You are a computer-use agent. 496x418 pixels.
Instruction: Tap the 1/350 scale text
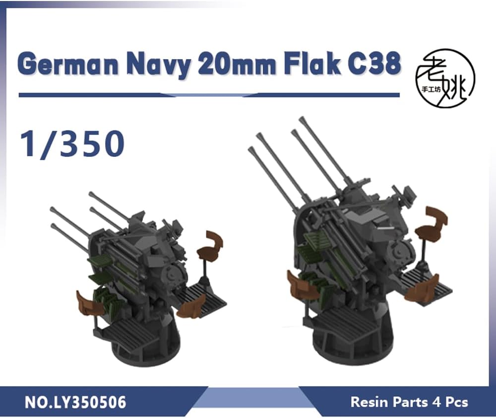(x=72, y=143)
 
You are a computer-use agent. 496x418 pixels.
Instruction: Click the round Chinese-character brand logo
(x=445, y=78)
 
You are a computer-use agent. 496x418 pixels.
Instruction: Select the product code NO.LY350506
(x=75, y=403)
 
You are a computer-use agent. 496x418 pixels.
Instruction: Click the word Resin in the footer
(x=369, y=402)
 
